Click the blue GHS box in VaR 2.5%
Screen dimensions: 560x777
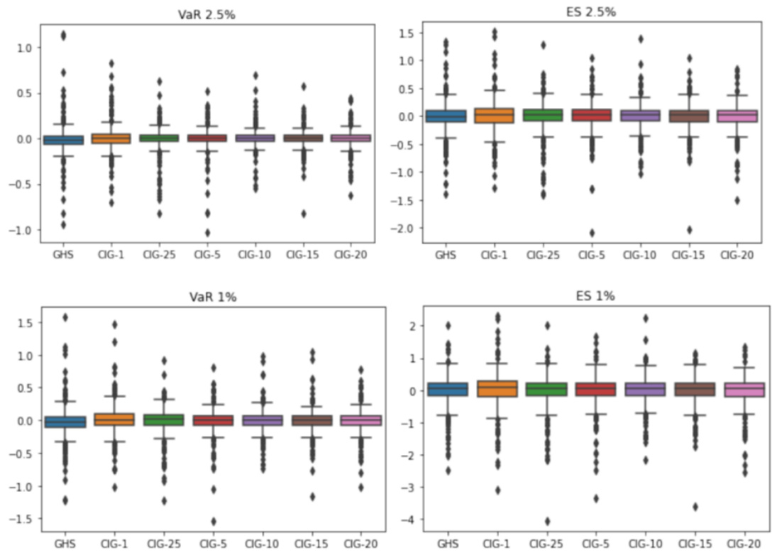pos(64,140)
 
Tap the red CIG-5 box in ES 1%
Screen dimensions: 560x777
pos(595,389)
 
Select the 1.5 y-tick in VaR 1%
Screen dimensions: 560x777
pos(26,323)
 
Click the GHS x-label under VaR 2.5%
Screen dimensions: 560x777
pos(64,254)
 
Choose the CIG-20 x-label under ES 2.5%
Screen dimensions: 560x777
pos(742,254)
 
